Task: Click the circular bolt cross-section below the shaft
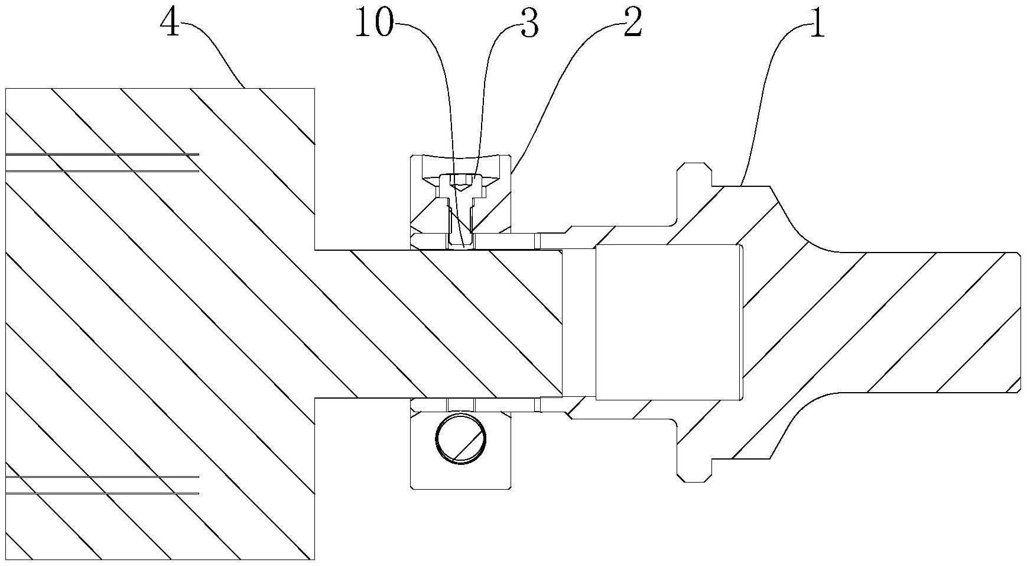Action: click(461, 438)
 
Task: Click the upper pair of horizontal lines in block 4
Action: click(102, 163)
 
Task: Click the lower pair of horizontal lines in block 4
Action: click(102, 485)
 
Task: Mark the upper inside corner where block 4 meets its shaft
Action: click(315, 250)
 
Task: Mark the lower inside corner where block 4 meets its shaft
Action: click(315, 397)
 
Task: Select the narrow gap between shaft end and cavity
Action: click(578, 322)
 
